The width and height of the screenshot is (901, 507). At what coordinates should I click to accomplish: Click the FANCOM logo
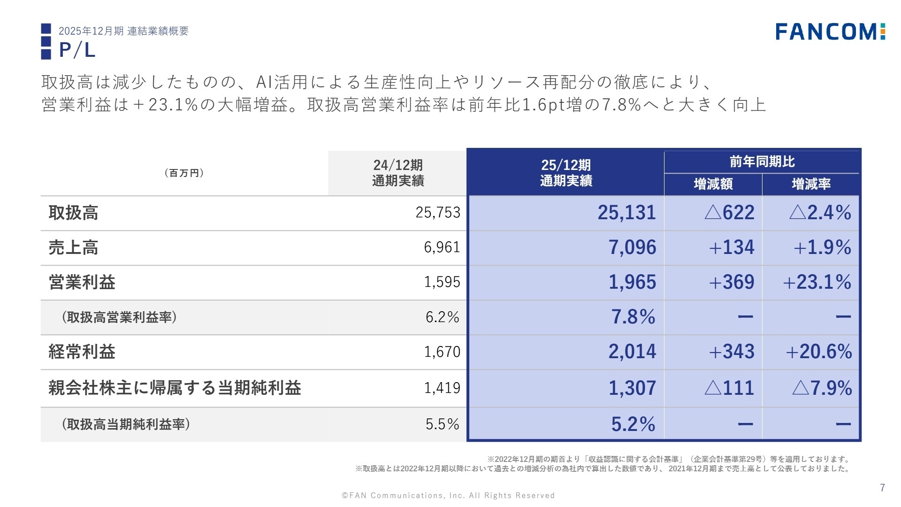[x=830, y=31]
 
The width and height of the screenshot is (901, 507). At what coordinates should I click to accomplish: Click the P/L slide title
[x=77, y=50]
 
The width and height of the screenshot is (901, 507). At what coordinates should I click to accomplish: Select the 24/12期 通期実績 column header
[x=398, y=173]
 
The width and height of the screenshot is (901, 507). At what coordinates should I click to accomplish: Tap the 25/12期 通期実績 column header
[x=566, y=173]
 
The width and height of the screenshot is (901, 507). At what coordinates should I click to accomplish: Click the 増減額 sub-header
[x=713, y=184]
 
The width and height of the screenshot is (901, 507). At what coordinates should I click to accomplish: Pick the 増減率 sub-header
[x=811, y=184]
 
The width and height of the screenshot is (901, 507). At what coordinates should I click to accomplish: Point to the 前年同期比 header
[x=762, y=162]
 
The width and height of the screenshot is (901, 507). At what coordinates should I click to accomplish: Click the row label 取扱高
[x=73, y=213]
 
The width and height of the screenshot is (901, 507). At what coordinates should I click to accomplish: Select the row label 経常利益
[x=82, y=352]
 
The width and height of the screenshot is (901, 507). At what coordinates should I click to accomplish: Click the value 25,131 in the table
[x=626, y=213]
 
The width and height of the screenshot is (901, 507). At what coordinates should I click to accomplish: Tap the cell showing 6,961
[x=442, y=247]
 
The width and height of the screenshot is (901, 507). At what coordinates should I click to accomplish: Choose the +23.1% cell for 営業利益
[x=817, y=282]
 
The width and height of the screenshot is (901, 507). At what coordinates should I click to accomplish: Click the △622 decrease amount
[x=729, y=213]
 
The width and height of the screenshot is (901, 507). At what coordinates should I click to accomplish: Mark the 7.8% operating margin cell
[x=633, y=317]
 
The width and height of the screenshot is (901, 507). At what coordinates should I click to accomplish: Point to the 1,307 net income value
[x=632, y=388]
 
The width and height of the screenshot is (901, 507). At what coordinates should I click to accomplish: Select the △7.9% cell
[x=822, y=388]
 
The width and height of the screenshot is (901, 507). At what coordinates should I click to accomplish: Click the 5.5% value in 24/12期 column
[x=442, y=424]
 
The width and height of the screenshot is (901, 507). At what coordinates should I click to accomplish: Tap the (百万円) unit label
[x=184, y=173]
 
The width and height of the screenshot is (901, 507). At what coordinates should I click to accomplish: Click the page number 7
[x=882, y=488]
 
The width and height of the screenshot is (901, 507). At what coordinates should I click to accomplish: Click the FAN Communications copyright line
[x=448, y=495]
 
